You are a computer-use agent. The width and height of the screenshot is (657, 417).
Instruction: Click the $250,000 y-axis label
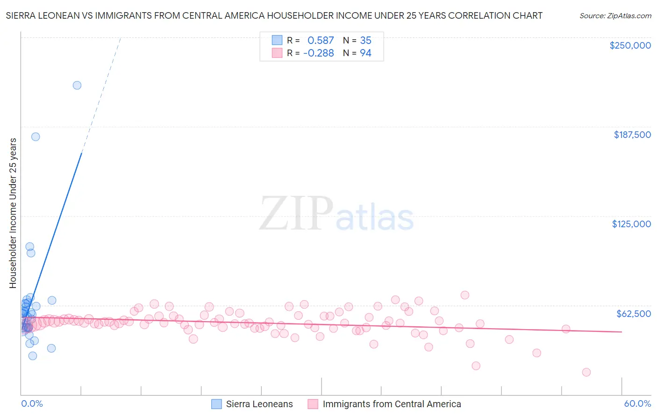[630, 45]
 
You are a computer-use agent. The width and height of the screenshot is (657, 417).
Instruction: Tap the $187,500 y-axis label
[632, 135]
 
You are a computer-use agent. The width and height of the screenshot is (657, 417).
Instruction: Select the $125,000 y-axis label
[631, 224]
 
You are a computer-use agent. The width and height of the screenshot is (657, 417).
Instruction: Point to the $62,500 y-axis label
[633, 314]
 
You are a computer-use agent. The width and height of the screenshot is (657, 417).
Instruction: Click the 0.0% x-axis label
[32, 403]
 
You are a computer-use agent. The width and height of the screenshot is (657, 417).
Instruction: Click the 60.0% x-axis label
[637, 403]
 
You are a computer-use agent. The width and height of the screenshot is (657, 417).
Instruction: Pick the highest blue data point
[77, 85]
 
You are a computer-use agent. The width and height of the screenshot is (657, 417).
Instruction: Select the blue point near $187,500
[36, 137]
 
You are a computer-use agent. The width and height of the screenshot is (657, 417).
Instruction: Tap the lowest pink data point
[586, 372]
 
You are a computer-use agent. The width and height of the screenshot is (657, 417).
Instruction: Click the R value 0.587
[321, 41]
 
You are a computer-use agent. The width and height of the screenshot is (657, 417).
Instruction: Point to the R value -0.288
[319, 53]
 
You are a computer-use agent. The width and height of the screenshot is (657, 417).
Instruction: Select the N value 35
[365, 41]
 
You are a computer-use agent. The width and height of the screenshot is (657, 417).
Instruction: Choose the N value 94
[365, 53]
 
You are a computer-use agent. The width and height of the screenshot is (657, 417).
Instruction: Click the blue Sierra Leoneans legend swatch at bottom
[216, 404]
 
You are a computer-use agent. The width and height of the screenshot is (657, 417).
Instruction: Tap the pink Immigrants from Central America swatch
[313, 404]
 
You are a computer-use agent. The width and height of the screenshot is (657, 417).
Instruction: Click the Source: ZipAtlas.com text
[615, 16]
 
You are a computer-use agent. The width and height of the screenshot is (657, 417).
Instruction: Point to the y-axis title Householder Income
[13, 213]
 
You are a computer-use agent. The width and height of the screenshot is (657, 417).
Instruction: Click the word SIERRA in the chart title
[21, 16]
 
